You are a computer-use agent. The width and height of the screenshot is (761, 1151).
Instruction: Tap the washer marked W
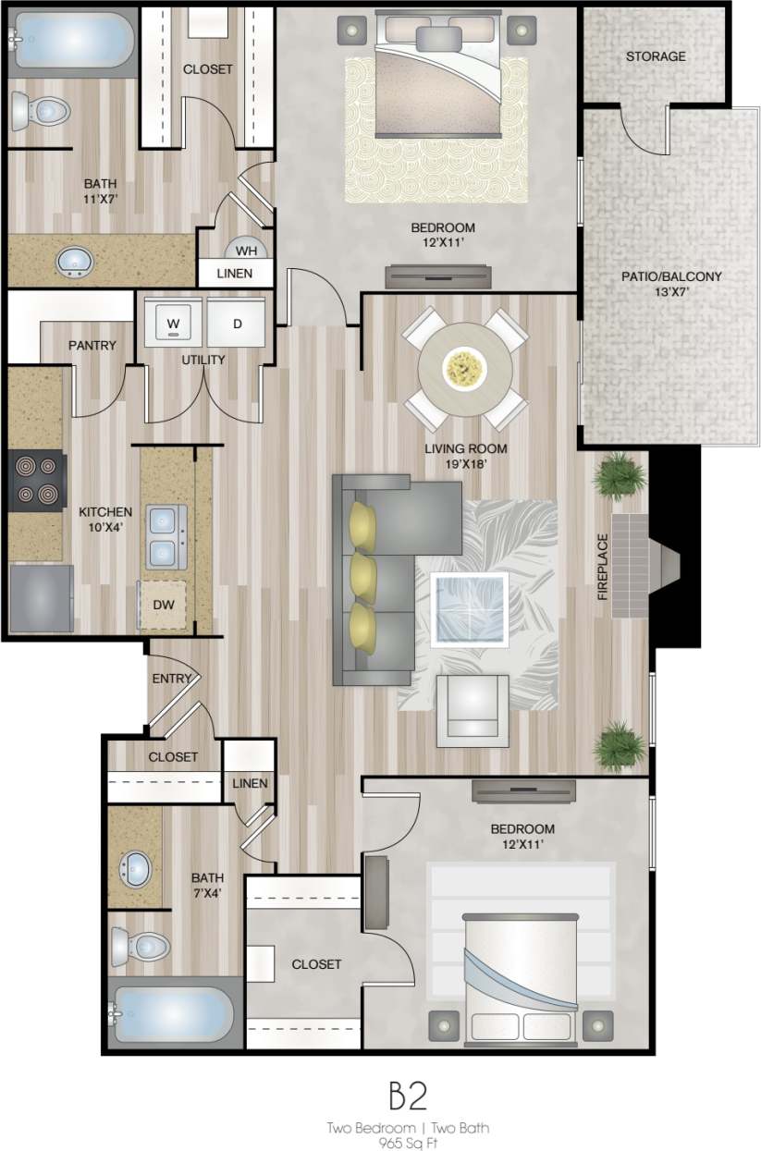(172, 323)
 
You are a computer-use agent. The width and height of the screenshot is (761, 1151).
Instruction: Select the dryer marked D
(237, 323)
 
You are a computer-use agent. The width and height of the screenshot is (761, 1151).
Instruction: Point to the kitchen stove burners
(37, 479)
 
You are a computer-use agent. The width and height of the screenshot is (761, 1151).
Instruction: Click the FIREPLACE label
(603, 567)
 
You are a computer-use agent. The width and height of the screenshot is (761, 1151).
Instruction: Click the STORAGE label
(656, 56)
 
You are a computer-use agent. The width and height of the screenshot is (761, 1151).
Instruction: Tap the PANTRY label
(92, 346)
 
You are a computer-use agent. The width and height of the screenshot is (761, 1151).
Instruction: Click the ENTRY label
(171, 679)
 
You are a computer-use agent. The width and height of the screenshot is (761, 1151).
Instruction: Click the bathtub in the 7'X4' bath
(170, 1016)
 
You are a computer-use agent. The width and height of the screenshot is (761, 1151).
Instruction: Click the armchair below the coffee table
(473, 709)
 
